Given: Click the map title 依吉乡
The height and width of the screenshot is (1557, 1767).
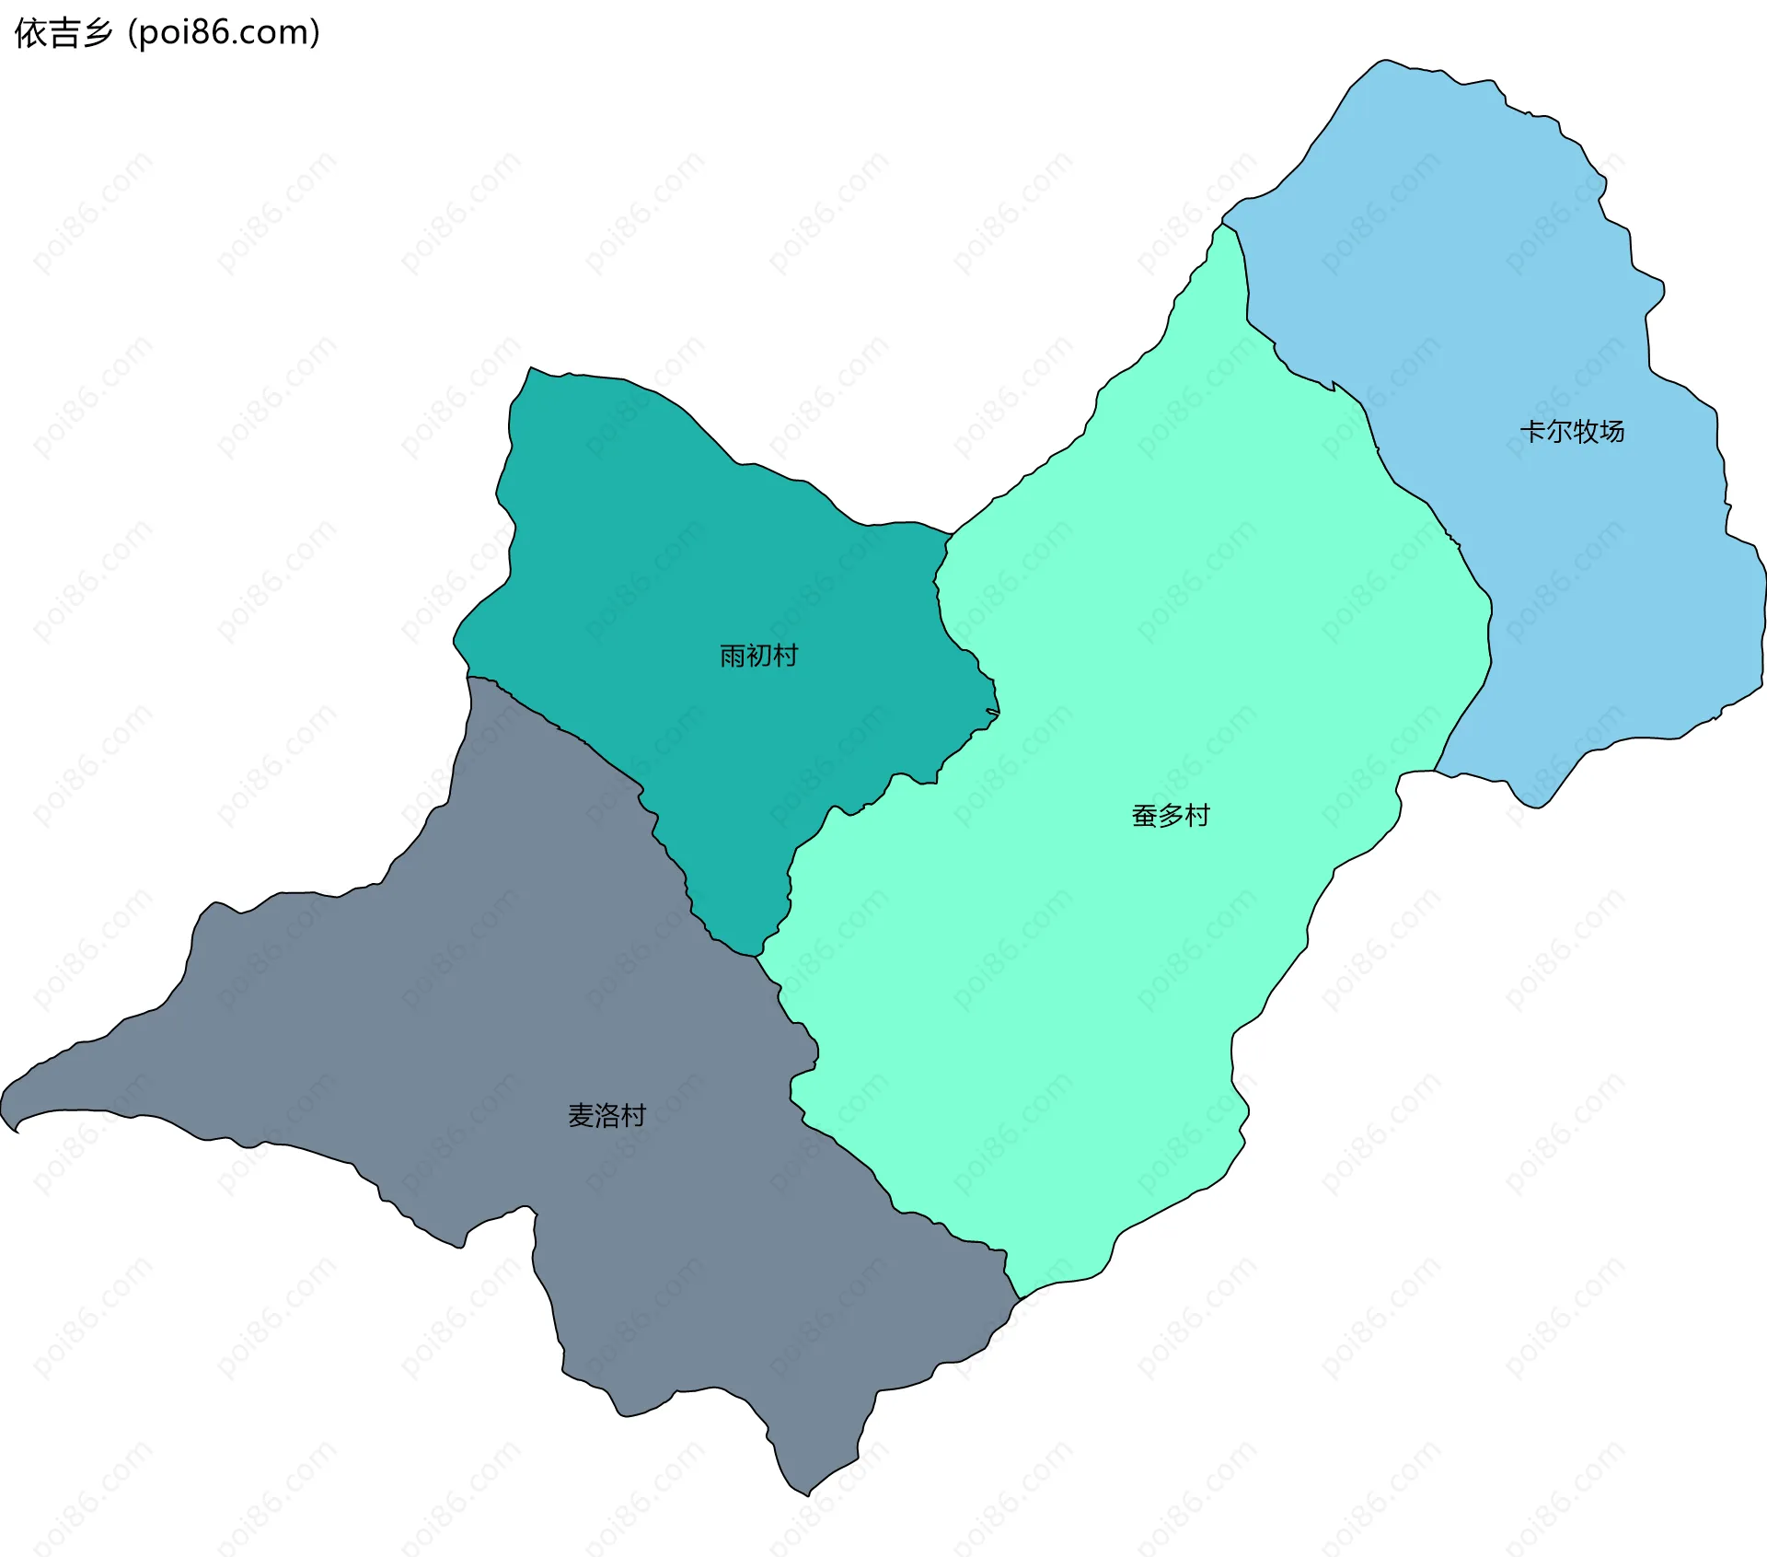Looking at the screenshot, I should point(63,33).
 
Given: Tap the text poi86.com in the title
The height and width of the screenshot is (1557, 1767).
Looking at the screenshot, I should point(225,33).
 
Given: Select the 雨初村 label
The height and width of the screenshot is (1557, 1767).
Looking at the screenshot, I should point(758,656).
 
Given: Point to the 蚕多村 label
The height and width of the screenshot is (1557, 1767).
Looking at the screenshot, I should point(1170,816).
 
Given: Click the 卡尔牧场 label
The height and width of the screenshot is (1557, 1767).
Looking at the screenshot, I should point(1571,431).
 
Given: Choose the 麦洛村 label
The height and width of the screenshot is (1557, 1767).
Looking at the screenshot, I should point(606,1116).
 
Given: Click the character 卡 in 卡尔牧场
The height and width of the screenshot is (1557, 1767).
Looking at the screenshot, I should point(1531,431).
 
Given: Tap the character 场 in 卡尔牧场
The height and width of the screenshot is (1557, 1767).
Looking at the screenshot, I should point(1611,431).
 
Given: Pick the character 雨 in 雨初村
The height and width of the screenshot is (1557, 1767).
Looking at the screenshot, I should point(733,656).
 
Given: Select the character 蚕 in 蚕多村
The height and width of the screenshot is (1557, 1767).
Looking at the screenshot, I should point(1144,816).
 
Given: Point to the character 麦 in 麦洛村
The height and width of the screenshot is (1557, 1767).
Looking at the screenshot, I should point(581,1116).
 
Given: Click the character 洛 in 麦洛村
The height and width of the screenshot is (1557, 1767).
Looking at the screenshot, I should point(607,1116).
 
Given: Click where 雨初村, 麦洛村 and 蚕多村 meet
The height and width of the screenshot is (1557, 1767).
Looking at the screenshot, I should point(756,957).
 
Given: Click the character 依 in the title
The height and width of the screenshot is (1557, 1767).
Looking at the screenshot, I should point(29,33).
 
